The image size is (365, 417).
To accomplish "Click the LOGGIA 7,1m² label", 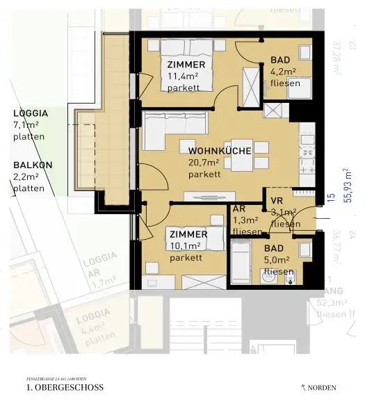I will point(29,124).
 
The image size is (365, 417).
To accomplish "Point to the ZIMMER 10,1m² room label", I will point(187,245).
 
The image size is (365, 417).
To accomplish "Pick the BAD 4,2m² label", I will point(284,71).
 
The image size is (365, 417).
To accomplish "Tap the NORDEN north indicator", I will point(319,388).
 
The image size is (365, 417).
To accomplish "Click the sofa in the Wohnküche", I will point(174,129).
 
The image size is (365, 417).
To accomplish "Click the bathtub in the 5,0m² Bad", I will point(240,261).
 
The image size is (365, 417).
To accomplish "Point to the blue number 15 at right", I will point(332,197).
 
